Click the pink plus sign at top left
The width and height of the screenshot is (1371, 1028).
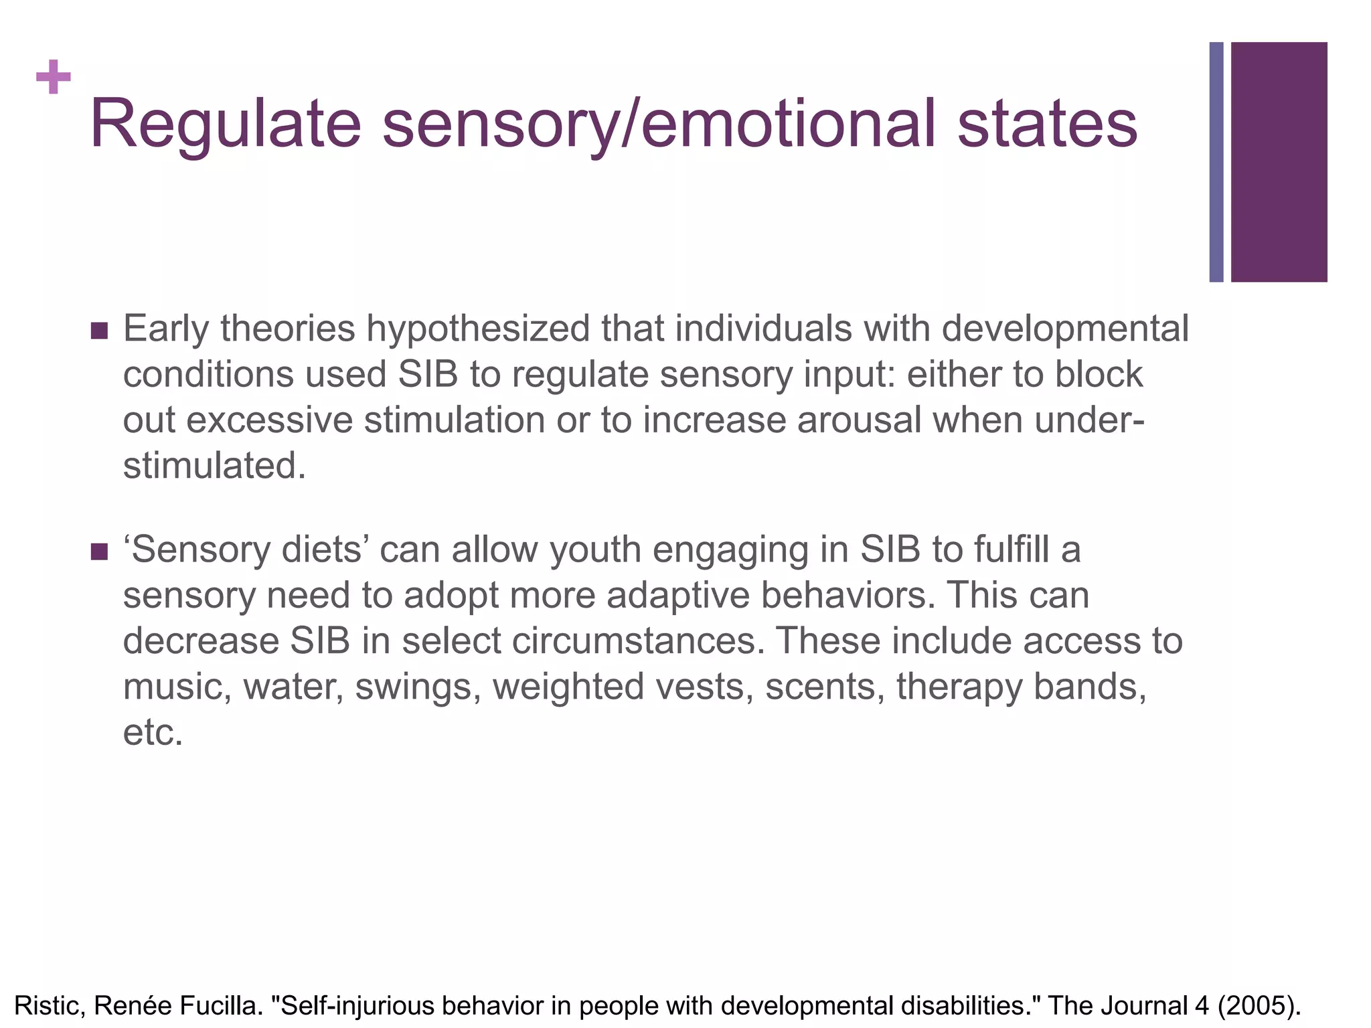54,78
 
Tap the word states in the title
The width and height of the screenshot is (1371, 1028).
1048,124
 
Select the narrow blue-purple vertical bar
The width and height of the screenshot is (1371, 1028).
1216,162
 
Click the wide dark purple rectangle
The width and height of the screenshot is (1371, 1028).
1279,162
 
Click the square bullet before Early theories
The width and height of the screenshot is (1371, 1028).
99,331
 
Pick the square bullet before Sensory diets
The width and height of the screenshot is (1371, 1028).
99,552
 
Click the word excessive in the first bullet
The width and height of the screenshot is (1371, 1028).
269,420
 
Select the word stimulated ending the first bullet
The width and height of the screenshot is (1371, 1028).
214,466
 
